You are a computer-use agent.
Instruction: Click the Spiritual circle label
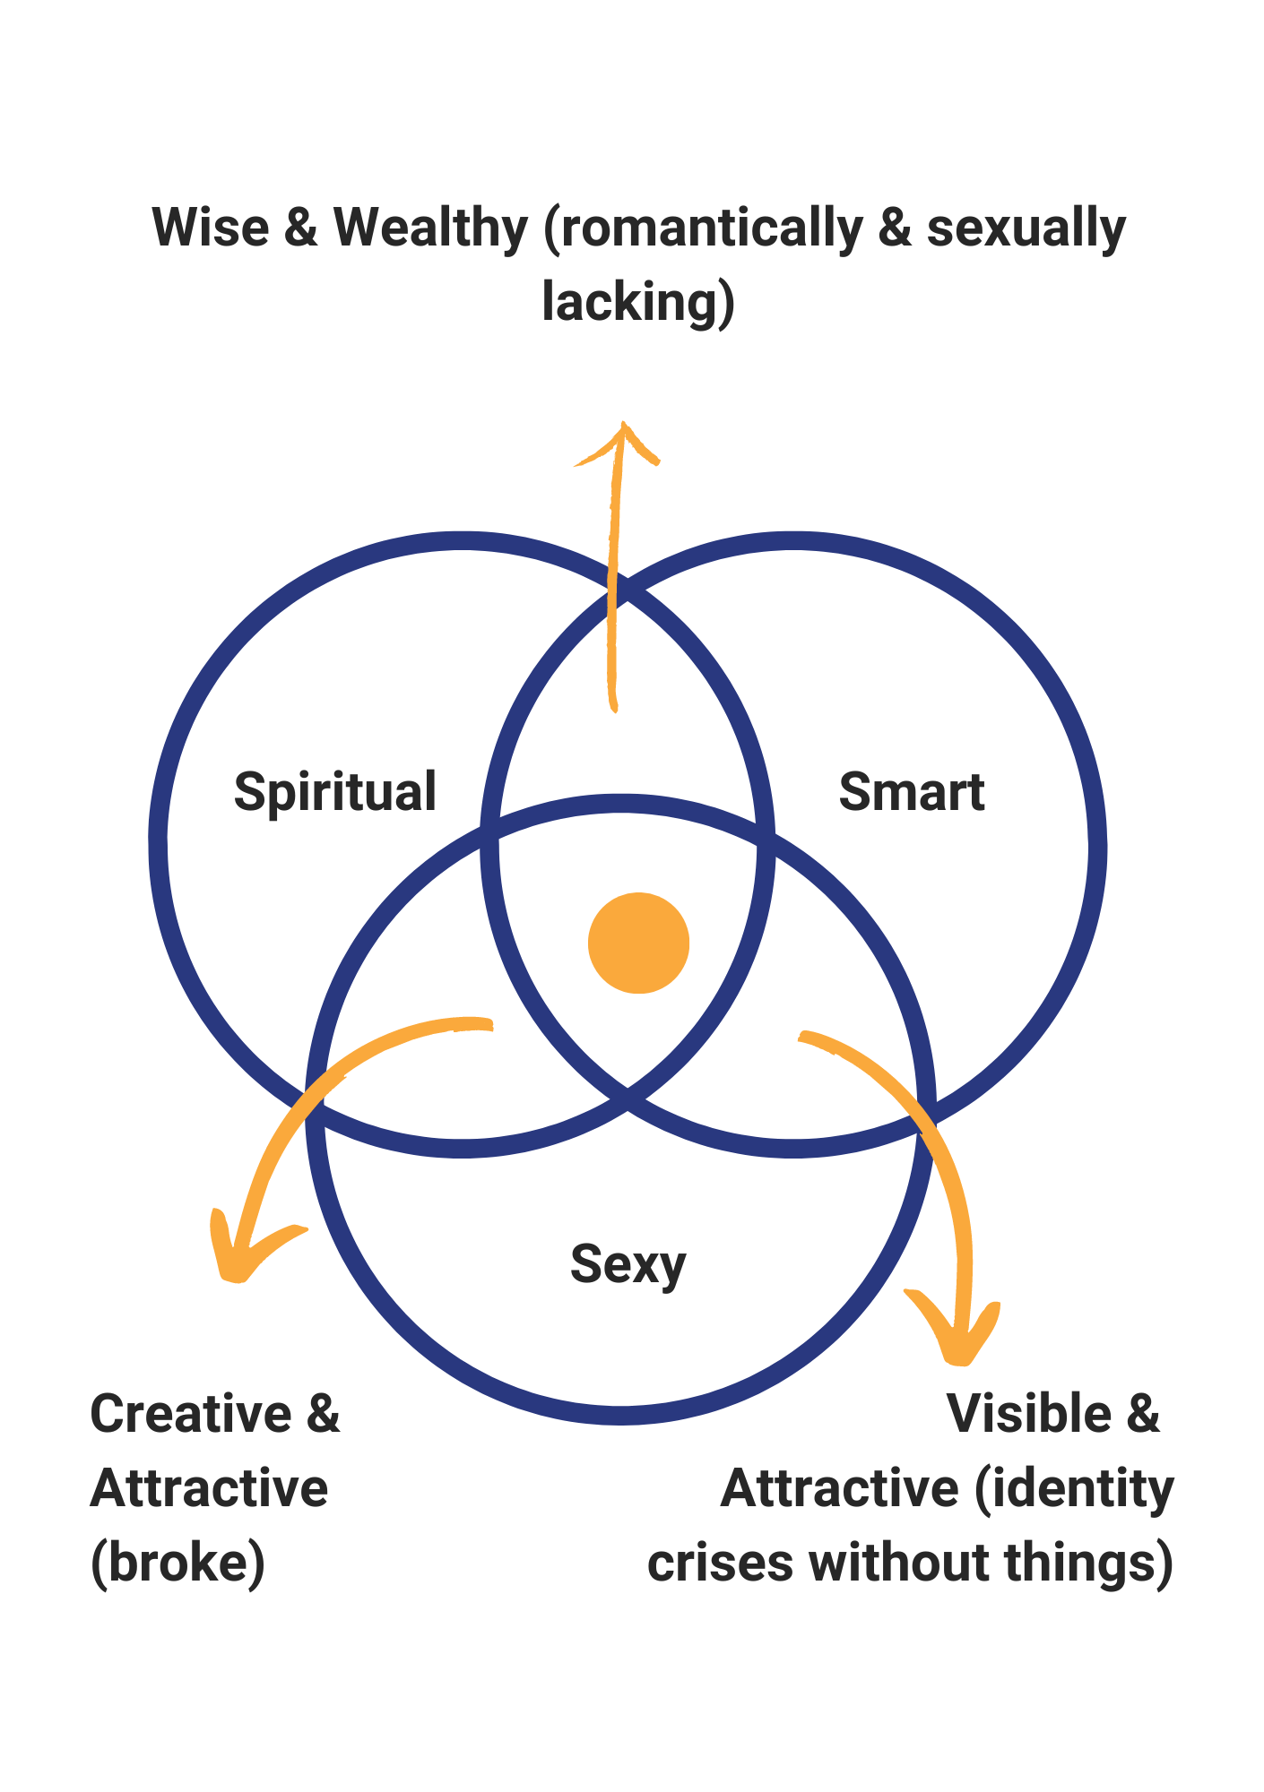[334, 792]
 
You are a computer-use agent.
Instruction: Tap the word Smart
[911, 792]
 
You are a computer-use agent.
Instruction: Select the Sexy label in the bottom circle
[628, 1264]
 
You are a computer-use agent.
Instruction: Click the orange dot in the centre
[638, 943]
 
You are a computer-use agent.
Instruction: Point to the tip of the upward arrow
[622, 426]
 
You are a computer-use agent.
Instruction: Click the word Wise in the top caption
[211, 228]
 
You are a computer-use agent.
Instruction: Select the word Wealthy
[430, 228]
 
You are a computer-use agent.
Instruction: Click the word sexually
[1026, 229]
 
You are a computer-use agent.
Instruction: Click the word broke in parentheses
[177, 1563]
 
